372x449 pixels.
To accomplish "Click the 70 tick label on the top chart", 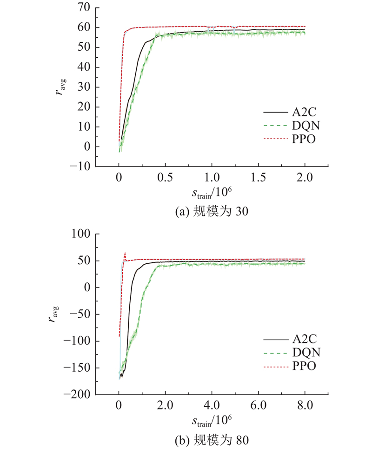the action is (84, 8).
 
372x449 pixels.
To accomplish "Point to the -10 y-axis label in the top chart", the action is (80, 167).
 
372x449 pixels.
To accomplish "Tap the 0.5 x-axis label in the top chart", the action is (165, 178).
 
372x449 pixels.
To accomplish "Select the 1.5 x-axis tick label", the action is (258, 178).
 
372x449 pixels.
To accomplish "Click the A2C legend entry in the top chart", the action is (304, 112).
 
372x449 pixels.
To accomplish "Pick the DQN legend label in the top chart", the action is (306, 126).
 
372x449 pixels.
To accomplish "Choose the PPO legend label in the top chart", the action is (304, 139).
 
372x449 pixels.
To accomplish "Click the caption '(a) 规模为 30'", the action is (212, 212).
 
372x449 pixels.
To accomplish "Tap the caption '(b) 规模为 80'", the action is (212, 440).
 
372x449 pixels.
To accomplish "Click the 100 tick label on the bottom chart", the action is (81, 234).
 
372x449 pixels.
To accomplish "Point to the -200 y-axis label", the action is (77, 394).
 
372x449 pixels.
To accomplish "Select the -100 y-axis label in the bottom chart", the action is (77, 341).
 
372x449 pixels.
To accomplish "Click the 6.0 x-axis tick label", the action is (258, 405).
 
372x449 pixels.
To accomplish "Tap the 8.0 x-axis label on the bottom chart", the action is (305, 405).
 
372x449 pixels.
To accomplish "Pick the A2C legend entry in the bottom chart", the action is (305, 339).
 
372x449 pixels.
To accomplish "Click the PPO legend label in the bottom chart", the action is (304, 366).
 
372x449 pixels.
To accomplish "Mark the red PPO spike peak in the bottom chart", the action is (125, 253).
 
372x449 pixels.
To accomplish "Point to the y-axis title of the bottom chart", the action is (54, 315).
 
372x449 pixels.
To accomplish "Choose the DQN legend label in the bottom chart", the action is (306, 353).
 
